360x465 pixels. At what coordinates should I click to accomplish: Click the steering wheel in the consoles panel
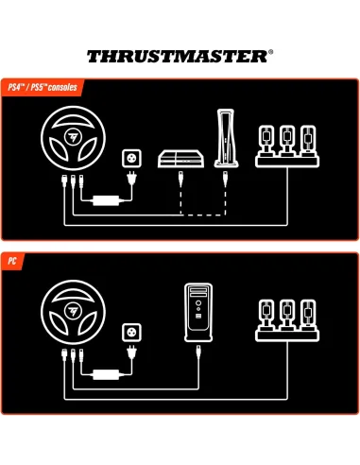(x=70, y=139)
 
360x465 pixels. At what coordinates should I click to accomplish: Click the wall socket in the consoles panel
(x=131, y=157)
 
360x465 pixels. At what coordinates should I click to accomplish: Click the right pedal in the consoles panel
(x=307, y=140)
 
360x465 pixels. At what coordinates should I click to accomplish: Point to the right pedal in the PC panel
(x=307, y=315)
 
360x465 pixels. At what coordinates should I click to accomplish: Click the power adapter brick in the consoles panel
(x=103, y=199)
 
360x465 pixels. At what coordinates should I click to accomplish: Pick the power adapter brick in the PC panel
(x=103, y=373)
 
